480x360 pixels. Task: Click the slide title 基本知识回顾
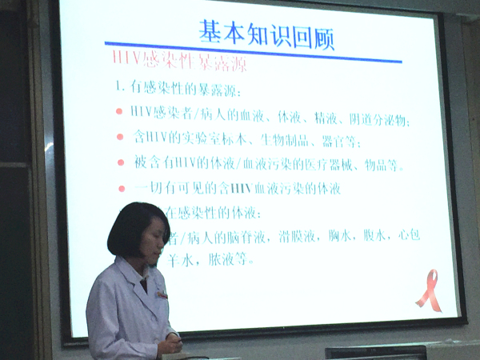pyautogui.click(x=266, y=34)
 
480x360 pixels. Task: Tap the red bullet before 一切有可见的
pyautogui.click(x=122, y=189)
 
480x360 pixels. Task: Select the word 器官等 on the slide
pyautogui.click(x=342, y=142)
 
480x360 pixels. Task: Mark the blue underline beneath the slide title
pyautogui.click(x=240, y=50)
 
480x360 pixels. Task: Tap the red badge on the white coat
pyautogui.click(x=162, y=294)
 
